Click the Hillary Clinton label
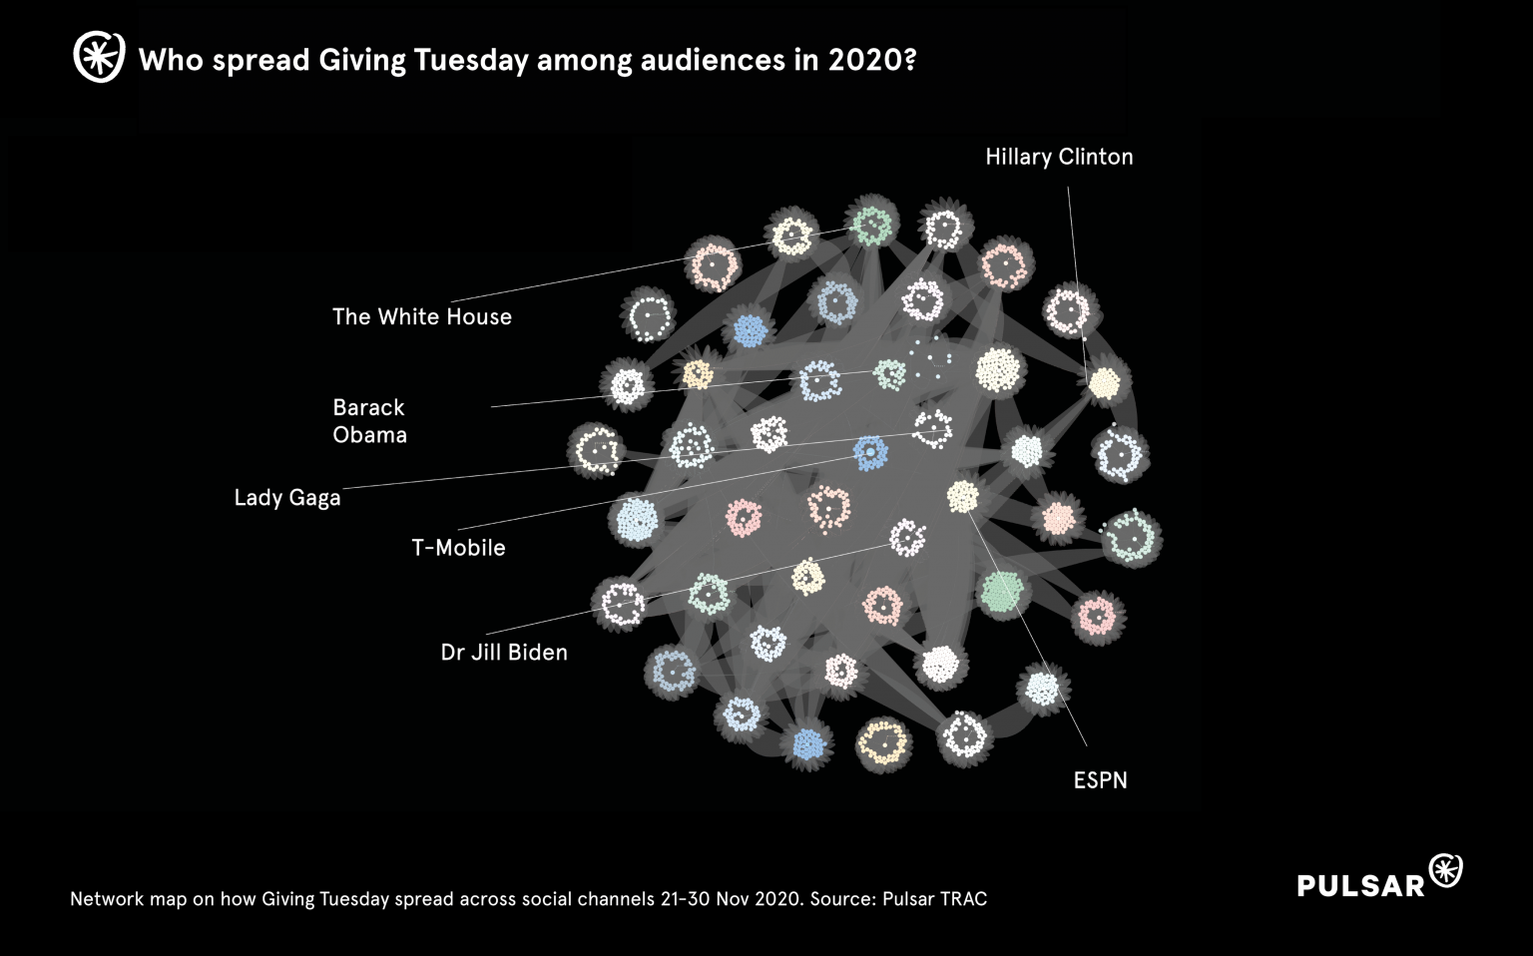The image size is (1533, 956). [1059, 157]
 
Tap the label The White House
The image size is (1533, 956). [421, 316]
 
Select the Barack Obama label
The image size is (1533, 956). [369, 420]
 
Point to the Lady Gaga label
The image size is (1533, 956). [287, 497]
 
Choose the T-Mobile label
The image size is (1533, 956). [458, 547]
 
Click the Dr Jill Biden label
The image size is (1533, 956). [504, 652]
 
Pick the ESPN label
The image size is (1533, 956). [1100, 779]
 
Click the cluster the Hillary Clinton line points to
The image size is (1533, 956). [1104, 382]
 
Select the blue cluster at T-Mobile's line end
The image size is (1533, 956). [870, 452]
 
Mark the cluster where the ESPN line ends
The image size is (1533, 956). [962, 496]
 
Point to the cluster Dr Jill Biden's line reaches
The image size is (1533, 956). [906, 539]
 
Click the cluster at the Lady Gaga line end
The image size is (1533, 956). [932, 428]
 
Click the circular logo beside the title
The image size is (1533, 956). [99, 57]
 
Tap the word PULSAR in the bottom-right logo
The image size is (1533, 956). [1361, 885]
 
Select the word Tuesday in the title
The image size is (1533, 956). [470, 60]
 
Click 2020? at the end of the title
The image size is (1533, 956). [870, 60]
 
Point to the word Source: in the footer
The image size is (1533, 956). [843, 899]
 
